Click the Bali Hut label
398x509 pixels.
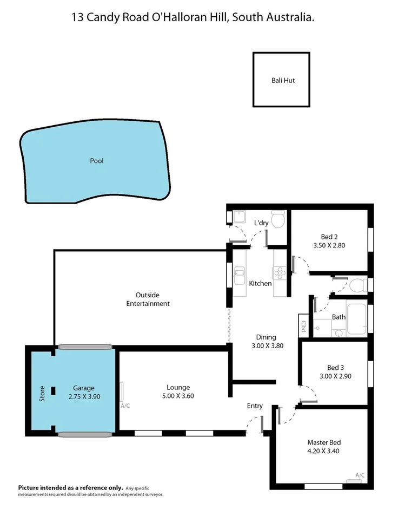click(283, 80)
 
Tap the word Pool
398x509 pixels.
click(97, 161)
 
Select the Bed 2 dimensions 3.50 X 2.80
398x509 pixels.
click(329, 245)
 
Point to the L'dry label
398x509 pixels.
click(261, 223)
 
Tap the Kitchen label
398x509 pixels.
click(260, 283)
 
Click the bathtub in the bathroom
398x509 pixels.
click(357, 319)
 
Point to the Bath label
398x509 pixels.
click(339, 317)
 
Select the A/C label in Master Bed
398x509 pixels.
click(360, 475)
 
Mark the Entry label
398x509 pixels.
click(255, 406)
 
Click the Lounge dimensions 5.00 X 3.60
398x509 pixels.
click(178, 396)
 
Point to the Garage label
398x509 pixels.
click(84, 388)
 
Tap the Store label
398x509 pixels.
click(42, 392)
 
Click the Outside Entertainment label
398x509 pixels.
click(148, 299)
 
